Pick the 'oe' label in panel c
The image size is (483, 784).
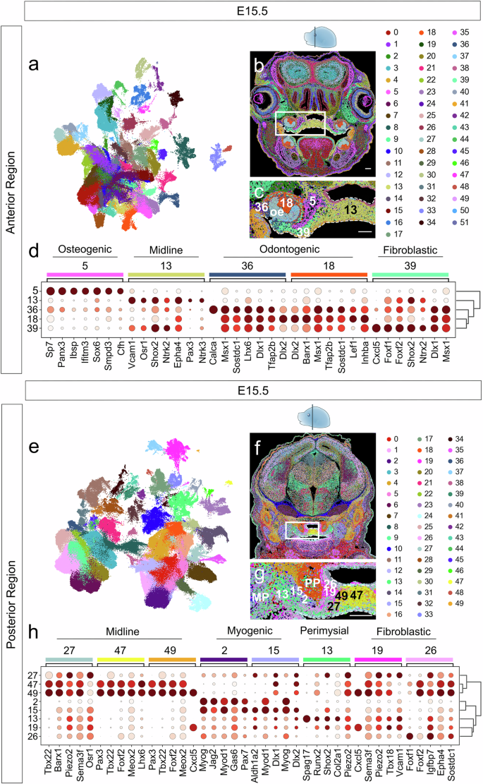[x=278, y=210]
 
